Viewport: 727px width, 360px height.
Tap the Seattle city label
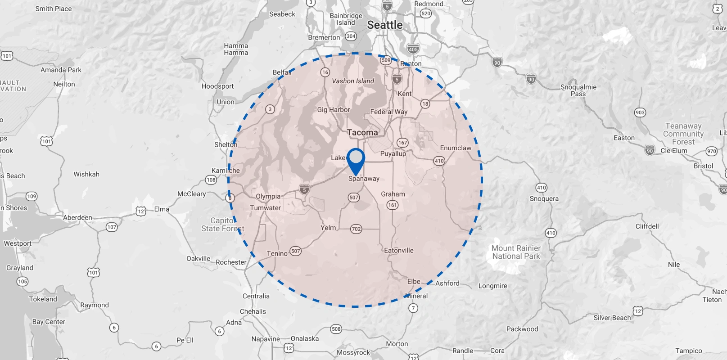pos(385,25)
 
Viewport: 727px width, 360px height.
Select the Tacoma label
pos(362,132)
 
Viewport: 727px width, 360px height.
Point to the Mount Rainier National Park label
pos(516,252)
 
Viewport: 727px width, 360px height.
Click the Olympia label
pos(268,197)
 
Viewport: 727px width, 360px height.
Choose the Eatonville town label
pos(398,250)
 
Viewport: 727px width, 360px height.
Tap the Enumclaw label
pos(456,148)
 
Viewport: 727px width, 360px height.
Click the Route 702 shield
pos(356,229)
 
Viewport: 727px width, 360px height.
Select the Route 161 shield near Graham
pos(393,205)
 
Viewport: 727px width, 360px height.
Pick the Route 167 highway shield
pos(402,143)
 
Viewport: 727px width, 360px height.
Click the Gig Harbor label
pos(333,110)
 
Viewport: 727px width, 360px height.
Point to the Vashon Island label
pos(353,81)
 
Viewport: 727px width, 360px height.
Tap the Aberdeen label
pos(77,218)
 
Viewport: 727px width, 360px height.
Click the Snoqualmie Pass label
pos(578,90)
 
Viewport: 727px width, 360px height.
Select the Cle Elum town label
pos(674,151)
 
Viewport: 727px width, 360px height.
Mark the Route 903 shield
pos(640,112)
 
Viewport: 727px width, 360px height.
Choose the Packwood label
pos(522,329)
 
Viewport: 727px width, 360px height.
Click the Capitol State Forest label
pos(222,225)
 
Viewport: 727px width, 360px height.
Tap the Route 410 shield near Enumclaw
pos(439,161)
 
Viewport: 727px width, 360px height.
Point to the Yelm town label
pos(328,228)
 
